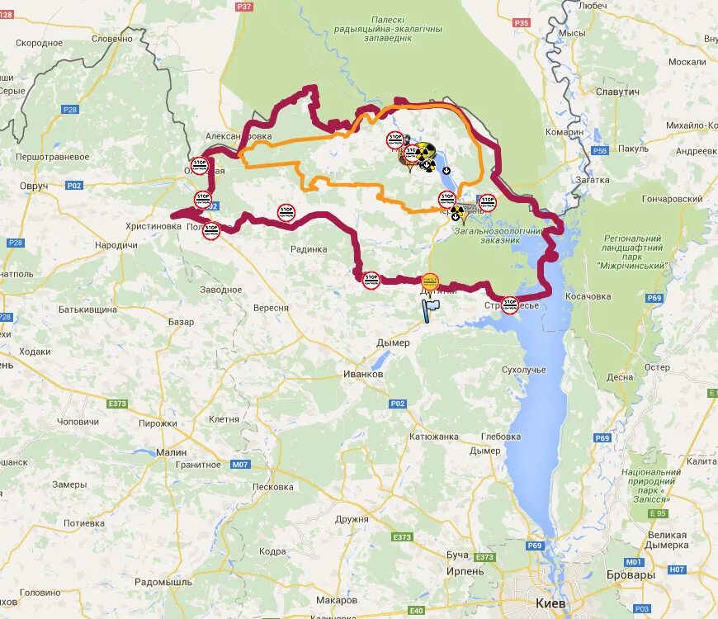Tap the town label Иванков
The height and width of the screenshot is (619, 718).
point(363,374)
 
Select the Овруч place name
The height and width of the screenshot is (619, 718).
point(34,186)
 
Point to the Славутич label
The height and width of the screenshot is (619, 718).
point(617,92)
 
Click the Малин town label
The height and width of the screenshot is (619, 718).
point(171,452)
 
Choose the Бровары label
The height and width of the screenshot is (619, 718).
point(631,574)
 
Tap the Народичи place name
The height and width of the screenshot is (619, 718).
point(116,245)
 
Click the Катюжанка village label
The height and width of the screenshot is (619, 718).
point(433,437)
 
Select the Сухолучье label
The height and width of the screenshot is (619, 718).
point(523,370)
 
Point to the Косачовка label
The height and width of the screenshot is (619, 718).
point(588,296)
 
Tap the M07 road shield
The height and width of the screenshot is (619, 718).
point(239,465)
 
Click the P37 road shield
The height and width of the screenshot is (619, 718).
point(243,6)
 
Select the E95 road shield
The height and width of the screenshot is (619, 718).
point(657,513)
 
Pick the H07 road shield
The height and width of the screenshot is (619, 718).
point(677,569)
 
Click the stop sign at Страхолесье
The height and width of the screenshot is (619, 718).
point(510,304)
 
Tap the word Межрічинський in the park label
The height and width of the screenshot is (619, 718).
point(631,266)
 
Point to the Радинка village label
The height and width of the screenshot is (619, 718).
point(309,249)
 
